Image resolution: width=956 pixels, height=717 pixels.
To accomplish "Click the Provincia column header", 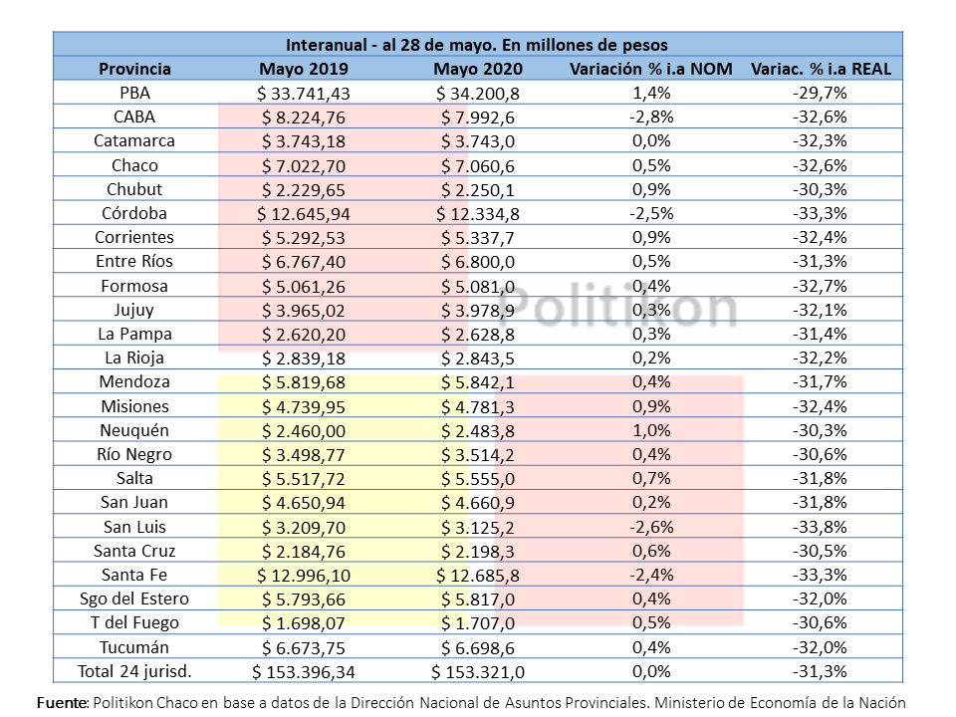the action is coord(134,69).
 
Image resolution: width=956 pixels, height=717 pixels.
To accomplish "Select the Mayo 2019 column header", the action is coord(304,69).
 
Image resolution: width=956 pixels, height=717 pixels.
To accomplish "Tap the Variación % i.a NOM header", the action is coord(651,69).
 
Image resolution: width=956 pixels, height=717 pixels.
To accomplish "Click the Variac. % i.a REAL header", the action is coord(821,69).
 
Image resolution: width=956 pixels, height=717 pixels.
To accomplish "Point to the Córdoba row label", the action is coord(134,213).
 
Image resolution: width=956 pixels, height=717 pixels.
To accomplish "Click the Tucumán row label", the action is coord(134,647).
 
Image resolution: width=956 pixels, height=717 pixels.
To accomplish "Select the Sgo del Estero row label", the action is coord(134,598).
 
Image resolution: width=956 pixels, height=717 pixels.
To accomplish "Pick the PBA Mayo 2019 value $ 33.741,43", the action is coord(304,94).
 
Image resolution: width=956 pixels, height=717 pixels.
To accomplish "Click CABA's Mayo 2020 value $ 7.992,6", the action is coord(478,118).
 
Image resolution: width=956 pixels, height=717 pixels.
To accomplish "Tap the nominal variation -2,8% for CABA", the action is coord(651,118).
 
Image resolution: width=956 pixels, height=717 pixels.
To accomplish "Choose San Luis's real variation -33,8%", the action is coord(820,527).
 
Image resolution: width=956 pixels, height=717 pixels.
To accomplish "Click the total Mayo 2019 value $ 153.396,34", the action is coord(304,672).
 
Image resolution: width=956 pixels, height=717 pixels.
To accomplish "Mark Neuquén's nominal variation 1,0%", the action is coord(651,430).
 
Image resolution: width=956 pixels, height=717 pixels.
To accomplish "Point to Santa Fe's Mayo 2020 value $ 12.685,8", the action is coord(478,575).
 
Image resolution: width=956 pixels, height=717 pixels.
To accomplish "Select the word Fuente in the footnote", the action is coord(62,703).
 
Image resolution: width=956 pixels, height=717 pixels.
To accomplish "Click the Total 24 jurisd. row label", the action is coord(134,672).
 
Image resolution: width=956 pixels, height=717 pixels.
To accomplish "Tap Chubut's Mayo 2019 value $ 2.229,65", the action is coord(304,189).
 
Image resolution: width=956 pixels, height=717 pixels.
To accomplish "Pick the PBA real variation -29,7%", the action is coord(820,94).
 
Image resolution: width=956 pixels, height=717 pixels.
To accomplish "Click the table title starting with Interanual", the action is coord(477,45).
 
